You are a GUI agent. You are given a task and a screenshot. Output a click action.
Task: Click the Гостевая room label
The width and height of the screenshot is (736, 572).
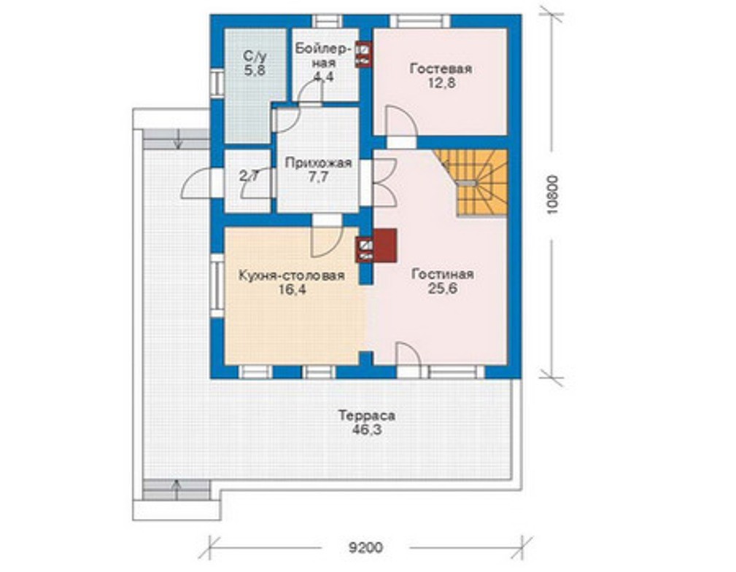[x=441, y=69]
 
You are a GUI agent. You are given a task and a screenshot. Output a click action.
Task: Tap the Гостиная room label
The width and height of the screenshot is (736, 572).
[x=442, y=274]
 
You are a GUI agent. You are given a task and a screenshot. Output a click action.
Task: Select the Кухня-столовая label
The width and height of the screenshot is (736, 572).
[x=292, y=275]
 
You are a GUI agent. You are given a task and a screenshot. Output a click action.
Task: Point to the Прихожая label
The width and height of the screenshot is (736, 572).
[x=318, y=162]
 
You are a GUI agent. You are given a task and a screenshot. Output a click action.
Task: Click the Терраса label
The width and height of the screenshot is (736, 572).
[x=367, y=415]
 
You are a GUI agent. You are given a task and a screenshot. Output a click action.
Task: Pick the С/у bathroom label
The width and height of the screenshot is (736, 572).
[x=255, y=57]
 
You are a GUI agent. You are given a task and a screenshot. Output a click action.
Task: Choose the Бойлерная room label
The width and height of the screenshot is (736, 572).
[x=323, y=55]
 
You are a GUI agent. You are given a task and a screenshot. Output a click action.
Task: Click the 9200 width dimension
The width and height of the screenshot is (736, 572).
[x=365, y=548]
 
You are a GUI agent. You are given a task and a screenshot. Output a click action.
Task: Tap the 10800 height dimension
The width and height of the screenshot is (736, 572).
[x=554, y=195]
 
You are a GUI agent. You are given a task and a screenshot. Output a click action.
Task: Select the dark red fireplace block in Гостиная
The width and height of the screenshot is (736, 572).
[x=385, y=245]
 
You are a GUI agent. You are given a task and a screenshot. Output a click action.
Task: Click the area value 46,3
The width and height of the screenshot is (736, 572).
[x=366, y=429]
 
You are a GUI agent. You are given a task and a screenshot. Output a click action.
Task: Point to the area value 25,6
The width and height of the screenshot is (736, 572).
[x=442, y=289]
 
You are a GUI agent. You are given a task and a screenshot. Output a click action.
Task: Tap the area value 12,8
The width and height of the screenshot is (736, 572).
[x=441, y=83]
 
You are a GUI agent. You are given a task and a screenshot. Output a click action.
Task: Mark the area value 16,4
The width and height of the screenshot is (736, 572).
[x=292, y=289]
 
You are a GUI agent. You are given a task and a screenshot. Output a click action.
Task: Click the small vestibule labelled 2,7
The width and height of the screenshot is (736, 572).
[x=248, y=181]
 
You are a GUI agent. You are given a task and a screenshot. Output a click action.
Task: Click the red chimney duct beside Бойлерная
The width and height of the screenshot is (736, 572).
[x=363, y=55]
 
